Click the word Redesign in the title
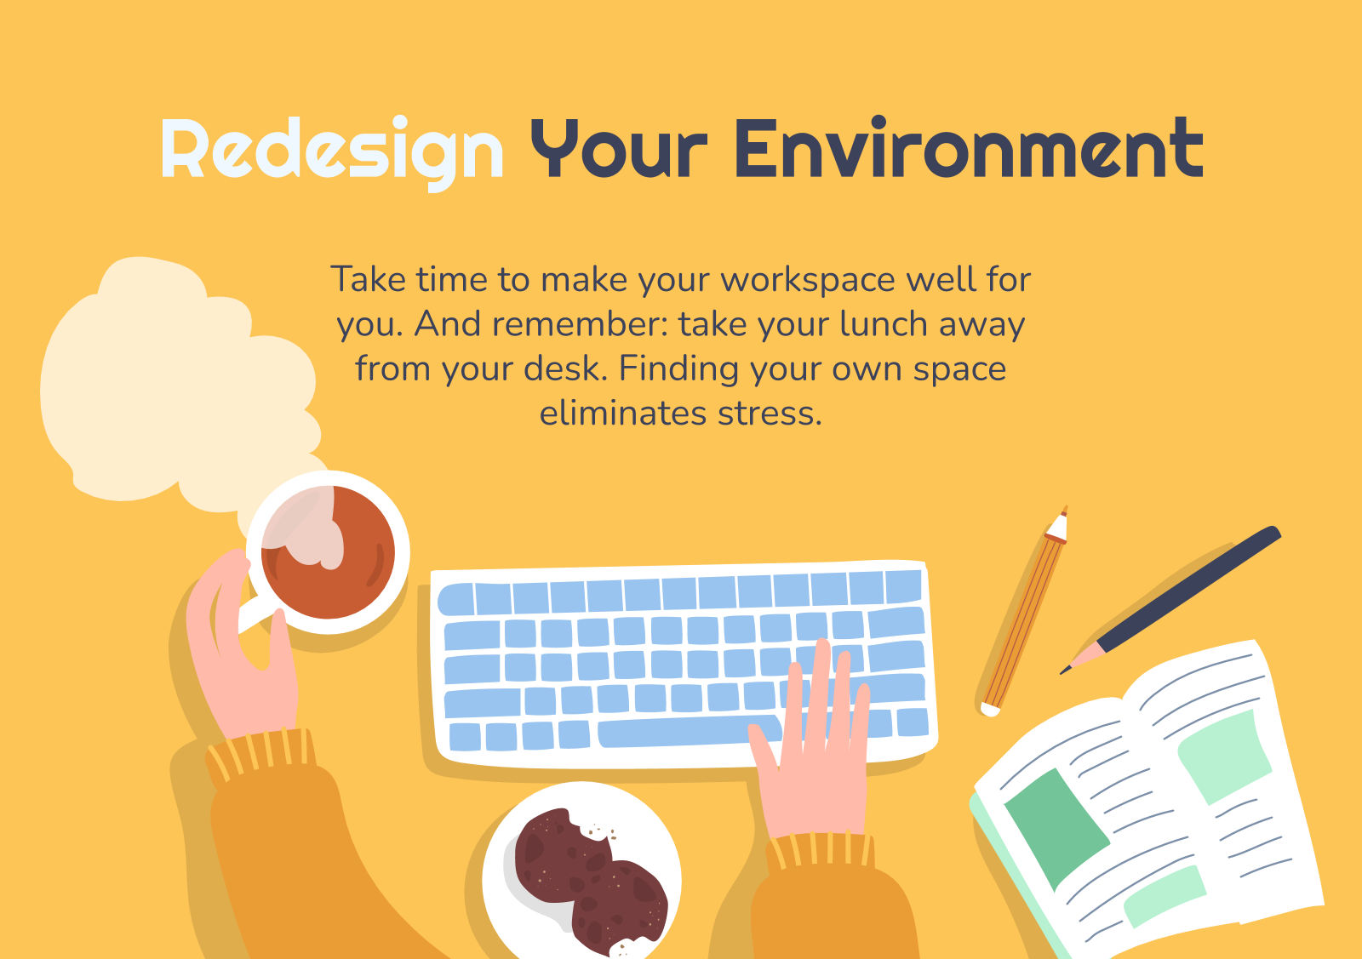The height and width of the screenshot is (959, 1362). click(332, 152)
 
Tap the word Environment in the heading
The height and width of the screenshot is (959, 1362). click(970, 148)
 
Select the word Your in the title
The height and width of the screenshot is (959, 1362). click(619, 149)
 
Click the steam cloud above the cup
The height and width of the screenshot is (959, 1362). click(176, 389)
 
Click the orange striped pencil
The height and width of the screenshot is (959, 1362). click(1025, 611)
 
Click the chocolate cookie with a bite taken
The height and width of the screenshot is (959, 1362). click(563, 853)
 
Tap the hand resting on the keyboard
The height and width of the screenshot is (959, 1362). click(814, 747)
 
